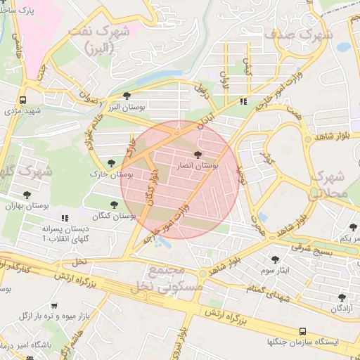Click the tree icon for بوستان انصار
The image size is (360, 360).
[196, 153]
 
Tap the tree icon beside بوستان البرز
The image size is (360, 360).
[127, 96]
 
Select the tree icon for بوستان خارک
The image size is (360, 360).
[112, 163]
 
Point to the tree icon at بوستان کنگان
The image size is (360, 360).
[114, 205]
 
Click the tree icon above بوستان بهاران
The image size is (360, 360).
[27, 195]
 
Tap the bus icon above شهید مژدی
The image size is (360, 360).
[23, 100]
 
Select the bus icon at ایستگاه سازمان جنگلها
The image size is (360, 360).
[302, 330]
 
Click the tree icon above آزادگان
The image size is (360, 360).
[342, 297]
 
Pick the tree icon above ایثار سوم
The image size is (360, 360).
[274, 259]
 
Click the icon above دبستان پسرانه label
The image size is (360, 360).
[65, 219]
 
